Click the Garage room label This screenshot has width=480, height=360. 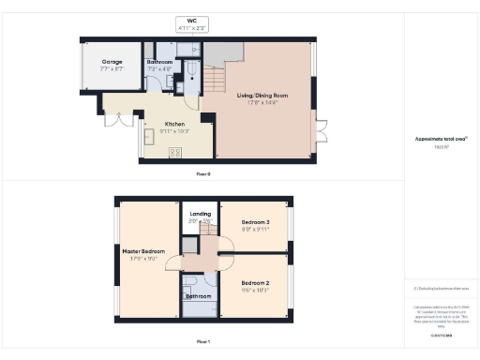pos(113,62)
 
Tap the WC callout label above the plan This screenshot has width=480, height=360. pos(192,20)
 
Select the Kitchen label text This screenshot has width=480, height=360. pos(175,124)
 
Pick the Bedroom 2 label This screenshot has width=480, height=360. pos(255,282)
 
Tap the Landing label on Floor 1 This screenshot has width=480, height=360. pos(200,215)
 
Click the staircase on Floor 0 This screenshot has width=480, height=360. pos(217,82)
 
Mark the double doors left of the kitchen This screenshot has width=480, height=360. pos(116,121)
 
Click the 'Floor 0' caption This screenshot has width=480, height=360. pos(202,174)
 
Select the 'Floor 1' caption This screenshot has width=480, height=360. pos(202,341)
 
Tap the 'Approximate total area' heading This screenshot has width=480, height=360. pos(434,139)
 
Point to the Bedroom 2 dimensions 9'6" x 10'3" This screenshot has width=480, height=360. pos(255,290)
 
